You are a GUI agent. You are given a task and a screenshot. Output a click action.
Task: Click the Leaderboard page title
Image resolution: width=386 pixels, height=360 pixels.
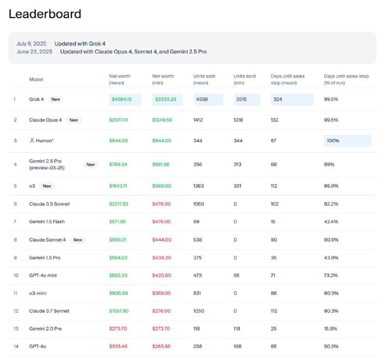tap(45, 14)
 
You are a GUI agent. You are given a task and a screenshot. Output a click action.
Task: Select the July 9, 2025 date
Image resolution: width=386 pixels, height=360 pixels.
tap(31, 43)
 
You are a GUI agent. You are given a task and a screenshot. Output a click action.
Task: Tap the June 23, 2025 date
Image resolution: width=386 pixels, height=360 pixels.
tap(34, 52)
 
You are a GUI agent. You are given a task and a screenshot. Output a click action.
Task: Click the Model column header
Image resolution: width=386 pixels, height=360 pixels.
tap(36, 80)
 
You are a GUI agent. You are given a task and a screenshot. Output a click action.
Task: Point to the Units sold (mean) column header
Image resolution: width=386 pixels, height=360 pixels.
tap(204, 80)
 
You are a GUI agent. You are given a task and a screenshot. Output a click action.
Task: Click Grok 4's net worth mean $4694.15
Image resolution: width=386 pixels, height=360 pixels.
tap(122, 99)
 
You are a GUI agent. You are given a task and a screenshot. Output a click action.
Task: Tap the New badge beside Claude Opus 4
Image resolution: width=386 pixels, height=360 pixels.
tap(74, 120)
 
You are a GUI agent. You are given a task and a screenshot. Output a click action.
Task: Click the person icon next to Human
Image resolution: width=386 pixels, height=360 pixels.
tap(32, 141)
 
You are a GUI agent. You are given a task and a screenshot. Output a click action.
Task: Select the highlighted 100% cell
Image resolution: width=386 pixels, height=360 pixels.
tap(347, 141)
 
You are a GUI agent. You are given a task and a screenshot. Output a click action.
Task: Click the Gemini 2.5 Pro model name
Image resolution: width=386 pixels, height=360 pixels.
tap(47, 164)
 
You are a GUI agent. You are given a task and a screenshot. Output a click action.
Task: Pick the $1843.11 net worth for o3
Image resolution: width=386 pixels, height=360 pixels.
tap(118, 186)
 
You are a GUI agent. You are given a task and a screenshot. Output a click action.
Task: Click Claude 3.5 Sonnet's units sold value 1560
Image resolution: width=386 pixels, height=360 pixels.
tap(198, 204)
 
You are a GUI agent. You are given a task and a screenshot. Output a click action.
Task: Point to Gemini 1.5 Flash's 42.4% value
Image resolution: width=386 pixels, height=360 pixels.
tap(331, 222)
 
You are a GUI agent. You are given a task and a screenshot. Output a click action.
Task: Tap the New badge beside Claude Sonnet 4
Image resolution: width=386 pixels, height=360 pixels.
tap(78, 240)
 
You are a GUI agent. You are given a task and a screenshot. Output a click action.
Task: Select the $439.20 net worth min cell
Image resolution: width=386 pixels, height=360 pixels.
tap(162, 258)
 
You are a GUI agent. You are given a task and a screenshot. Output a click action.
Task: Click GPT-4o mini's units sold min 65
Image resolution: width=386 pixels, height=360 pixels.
tap(236, 275)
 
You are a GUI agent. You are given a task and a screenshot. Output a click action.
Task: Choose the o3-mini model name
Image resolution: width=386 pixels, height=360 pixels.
tap(38, 293)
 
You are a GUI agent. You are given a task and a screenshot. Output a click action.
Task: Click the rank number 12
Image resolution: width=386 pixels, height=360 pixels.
tap(16, 311)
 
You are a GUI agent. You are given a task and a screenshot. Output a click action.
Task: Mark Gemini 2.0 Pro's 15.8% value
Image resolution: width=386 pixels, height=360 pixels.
tap(331, 329)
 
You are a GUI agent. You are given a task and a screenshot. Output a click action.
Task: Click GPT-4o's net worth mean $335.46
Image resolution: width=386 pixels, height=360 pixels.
tap(118, 346)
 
